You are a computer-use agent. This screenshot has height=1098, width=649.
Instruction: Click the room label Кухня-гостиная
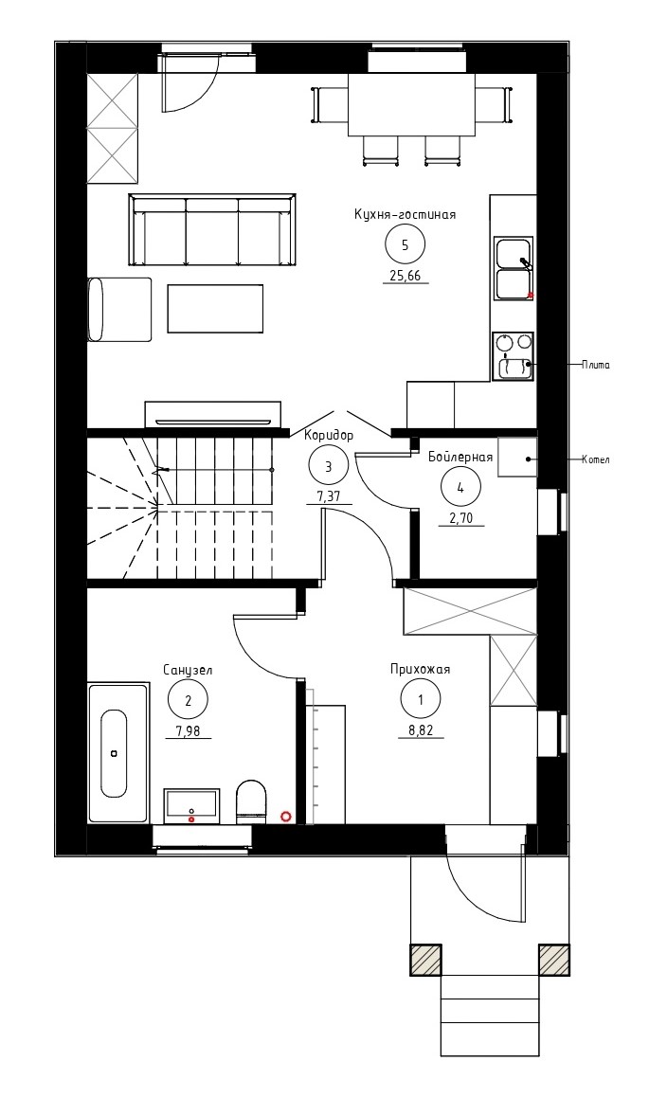point(405,214)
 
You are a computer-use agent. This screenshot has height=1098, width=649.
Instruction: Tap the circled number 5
point(405,245)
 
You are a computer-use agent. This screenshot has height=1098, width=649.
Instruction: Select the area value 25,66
point(405,275)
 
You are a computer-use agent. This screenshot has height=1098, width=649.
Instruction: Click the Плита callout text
point(596,365)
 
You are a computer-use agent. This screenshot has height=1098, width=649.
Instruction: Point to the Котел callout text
point(596,460)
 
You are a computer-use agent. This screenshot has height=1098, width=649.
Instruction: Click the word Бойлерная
point(460,458)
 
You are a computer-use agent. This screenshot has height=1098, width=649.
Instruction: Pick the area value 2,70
point(460,519)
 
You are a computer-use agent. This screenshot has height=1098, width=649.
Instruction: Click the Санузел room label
point(188,670)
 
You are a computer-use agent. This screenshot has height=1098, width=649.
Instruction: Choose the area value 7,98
point(189,730)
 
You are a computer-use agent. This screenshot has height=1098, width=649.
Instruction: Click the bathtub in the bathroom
point(118,753)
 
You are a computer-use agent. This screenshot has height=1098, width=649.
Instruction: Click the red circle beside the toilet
point(285,816)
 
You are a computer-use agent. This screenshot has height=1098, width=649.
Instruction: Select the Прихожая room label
point(420,670)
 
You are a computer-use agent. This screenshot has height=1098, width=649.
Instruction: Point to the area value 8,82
point(420,729)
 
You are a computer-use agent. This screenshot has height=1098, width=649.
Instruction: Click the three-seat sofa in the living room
point(212,229)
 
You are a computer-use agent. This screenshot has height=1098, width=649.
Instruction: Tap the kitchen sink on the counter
point(514,268)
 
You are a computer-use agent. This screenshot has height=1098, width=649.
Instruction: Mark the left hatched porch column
point(425,960)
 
